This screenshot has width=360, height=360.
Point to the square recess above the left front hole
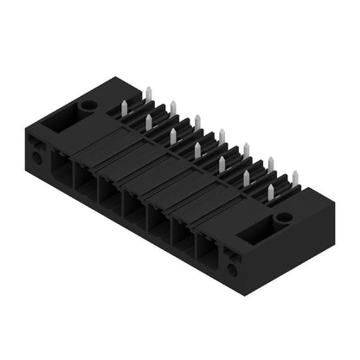[35, 145]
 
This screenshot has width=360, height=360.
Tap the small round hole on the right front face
[232, 269]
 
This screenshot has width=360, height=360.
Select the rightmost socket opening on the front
[209, 250]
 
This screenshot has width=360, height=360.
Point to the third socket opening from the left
[110, 196]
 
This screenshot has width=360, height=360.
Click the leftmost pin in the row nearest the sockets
[149, 124]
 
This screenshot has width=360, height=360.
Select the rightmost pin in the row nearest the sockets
[271, 193]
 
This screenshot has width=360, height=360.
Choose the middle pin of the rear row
[222, 136]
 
